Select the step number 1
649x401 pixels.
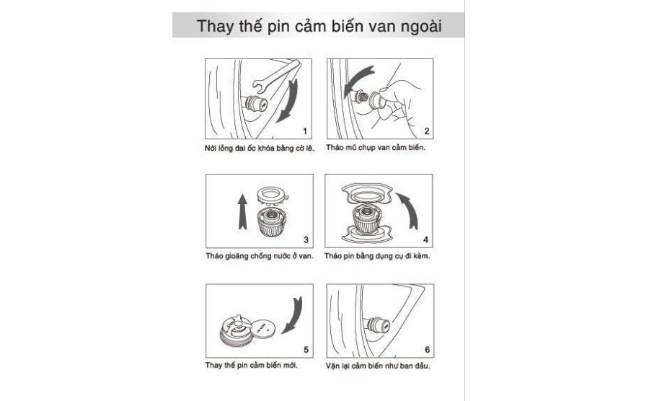(305, 131)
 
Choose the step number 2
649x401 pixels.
(427, 131)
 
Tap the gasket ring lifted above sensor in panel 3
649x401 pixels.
(273, 195)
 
